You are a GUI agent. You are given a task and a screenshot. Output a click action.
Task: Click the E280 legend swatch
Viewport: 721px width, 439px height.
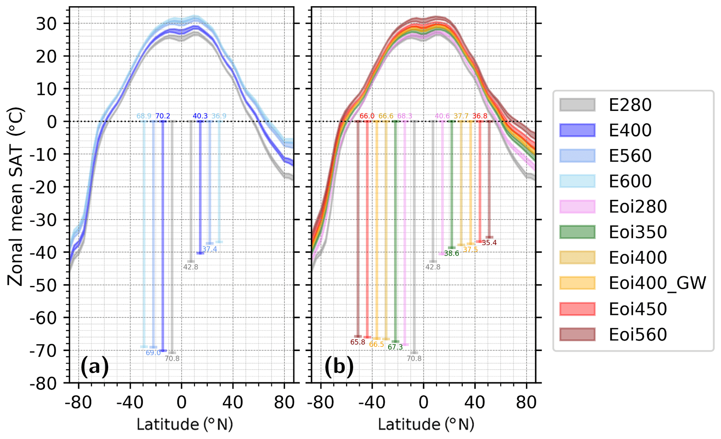577,105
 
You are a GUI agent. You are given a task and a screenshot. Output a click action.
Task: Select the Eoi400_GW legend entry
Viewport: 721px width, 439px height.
657,283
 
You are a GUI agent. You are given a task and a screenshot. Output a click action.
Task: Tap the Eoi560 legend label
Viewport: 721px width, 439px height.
638,334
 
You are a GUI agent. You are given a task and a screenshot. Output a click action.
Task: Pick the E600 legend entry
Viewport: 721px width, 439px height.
630,181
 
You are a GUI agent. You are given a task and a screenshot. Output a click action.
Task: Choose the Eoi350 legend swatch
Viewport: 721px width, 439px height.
577,232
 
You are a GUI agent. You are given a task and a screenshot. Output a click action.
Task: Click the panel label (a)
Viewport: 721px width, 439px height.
95,367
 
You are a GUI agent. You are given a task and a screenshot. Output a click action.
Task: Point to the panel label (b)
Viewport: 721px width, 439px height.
339,367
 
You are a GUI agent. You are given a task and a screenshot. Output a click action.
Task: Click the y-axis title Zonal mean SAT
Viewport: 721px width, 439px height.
16,197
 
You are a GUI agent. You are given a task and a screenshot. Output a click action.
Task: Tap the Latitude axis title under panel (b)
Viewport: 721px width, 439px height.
426,424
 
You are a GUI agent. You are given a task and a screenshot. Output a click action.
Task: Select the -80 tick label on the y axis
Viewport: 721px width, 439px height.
43,384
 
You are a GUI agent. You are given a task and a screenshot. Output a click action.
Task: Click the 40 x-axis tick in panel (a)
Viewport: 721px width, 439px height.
233,403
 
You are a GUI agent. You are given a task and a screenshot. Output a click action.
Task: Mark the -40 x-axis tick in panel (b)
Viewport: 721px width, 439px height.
372,403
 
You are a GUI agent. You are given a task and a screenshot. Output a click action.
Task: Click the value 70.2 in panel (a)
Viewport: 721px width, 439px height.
163,116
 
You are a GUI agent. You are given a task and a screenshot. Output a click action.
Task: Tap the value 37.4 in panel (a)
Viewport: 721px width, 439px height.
210,249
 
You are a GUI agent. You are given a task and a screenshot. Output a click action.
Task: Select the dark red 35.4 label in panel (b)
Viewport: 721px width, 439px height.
489,243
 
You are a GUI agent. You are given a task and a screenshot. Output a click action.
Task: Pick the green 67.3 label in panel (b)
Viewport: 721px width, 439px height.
395,347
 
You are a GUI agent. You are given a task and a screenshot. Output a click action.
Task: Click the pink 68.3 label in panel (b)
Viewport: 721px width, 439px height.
405,116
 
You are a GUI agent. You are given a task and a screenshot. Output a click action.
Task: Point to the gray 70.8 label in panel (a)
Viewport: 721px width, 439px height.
172,358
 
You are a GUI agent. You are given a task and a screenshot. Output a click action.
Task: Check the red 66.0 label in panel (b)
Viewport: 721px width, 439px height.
367,116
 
